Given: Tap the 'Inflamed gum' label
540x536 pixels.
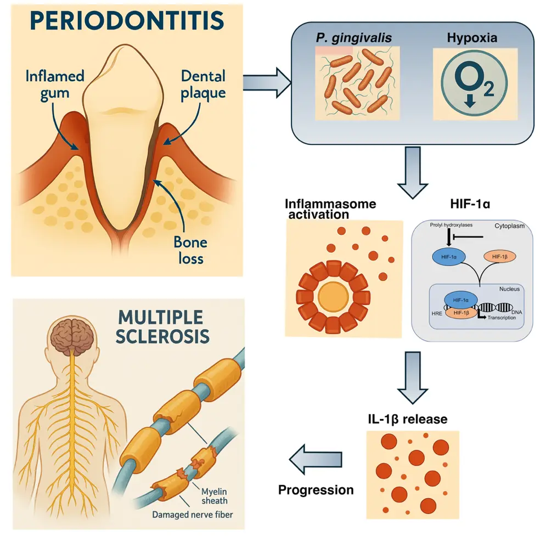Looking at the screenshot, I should coord(55,84).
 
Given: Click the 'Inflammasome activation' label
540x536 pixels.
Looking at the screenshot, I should coord(329,209).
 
